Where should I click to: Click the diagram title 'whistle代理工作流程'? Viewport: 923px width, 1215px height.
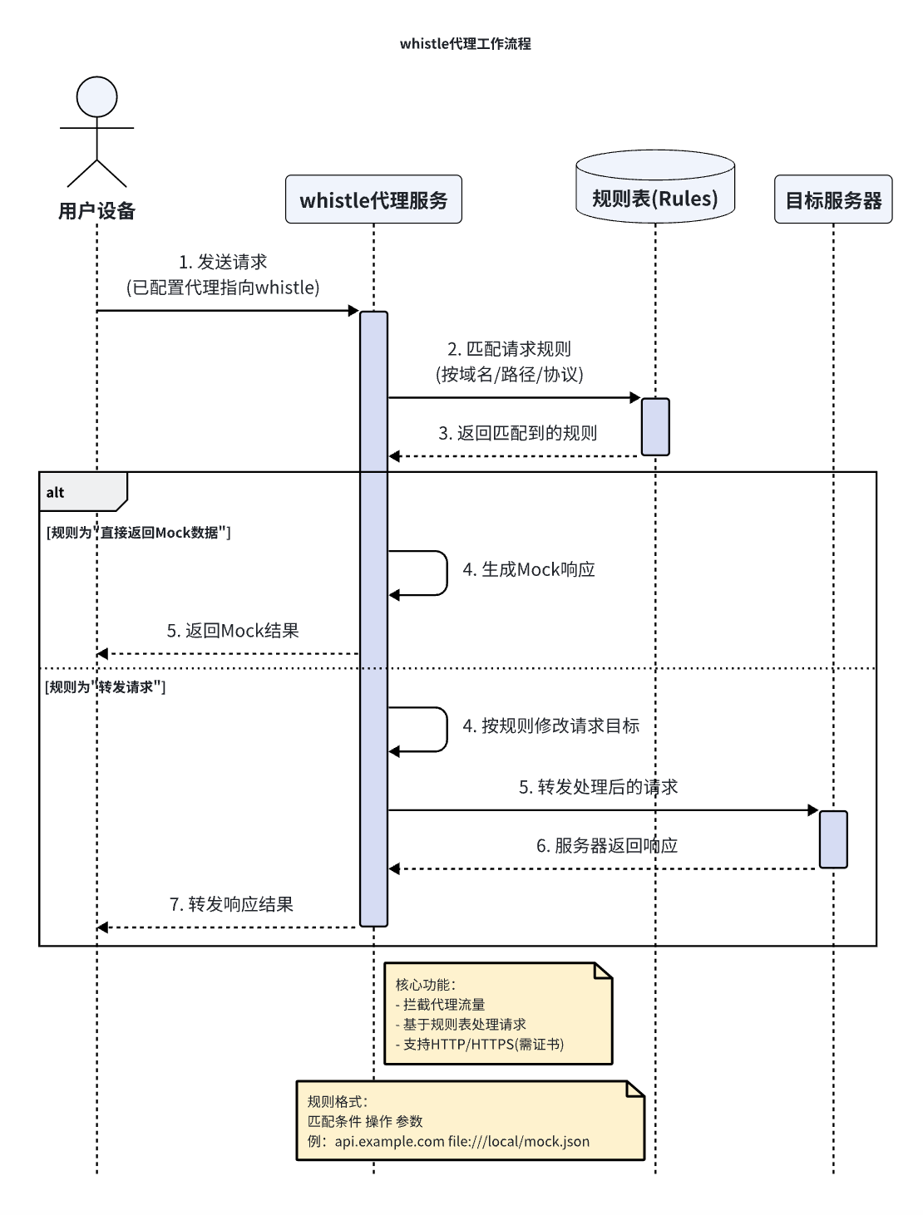(465, 44)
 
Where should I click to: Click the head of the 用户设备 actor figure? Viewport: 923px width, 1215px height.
(97, 96)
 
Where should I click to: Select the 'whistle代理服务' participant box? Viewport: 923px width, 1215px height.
(373, 199)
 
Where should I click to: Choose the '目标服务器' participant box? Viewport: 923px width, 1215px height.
(833, 200)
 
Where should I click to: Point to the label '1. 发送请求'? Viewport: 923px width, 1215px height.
(223, 262)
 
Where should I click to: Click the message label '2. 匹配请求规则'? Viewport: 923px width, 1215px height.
(510, 349)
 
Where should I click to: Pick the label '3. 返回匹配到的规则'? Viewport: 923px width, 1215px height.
(517, 433)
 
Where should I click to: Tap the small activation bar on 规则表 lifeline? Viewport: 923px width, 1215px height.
(655, 427)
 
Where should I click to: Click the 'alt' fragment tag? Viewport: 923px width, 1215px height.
(56, 493)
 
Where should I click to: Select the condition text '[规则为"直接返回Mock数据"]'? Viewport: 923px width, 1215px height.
(138, 533)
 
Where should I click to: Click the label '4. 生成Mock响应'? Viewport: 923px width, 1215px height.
(529, 570)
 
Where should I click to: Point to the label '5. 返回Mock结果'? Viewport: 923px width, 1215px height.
(233, 631)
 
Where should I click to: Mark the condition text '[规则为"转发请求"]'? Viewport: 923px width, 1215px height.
(106, 687)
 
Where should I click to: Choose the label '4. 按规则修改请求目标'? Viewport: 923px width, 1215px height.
(551, 726)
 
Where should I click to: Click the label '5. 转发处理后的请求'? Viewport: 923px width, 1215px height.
(598, 787)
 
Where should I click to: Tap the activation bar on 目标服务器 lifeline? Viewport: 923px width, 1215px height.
(833, 839)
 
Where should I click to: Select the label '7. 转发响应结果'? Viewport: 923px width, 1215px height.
(231, 904)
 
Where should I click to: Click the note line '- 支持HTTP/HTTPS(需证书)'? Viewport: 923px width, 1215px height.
(480, 1045)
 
